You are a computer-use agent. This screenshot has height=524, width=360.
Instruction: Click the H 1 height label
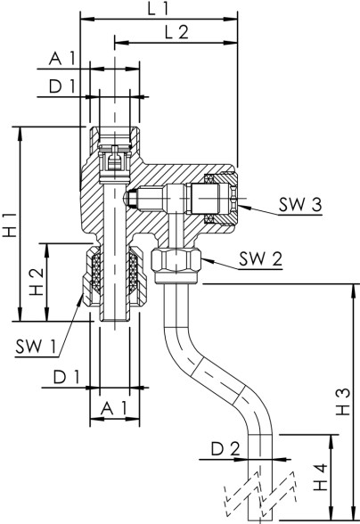(x=10, y=225)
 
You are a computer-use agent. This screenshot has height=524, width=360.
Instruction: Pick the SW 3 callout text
(x=299, y=204)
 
